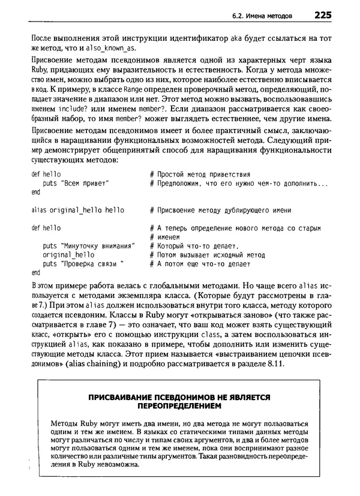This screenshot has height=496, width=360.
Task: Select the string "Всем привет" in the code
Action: tap(83, 184)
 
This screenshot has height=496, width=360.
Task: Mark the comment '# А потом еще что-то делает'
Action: tap(199, 264)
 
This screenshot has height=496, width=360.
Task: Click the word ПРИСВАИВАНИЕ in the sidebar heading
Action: tap(124, 397)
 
